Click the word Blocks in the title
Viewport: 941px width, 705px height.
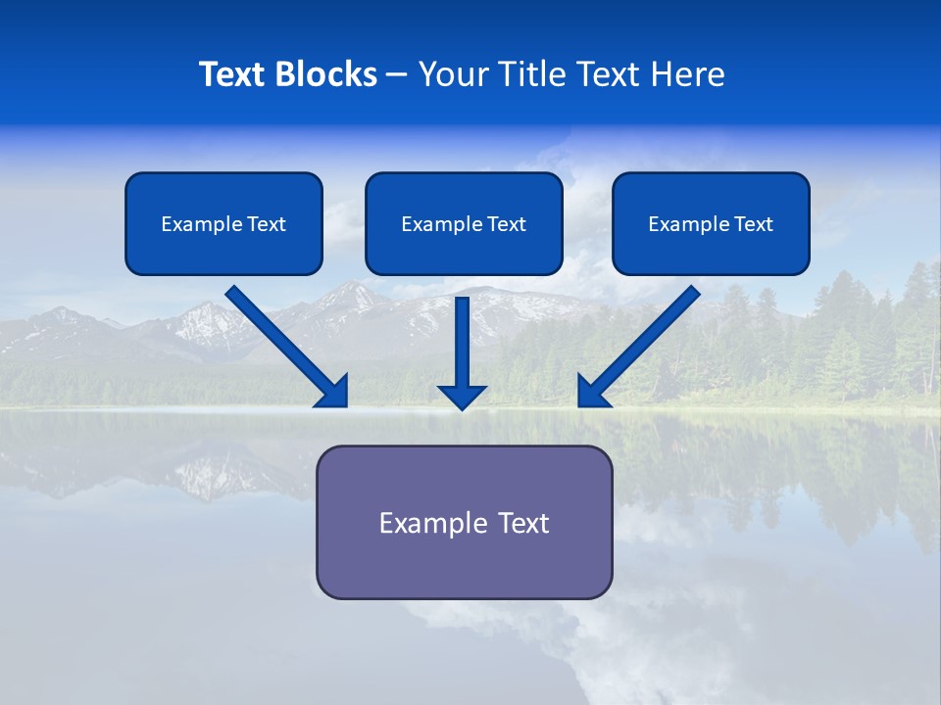(327, 74)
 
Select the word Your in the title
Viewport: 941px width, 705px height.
(451, 74)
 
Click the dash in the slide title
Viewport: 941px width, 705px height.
(397, 75)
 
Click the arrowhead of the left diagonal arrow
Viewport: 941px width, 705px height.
(335, 393)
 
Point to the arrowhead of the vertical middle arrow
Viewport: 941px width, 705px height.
(462, 398)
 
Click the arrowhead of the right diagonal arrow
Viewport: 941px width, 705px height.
(591, 393)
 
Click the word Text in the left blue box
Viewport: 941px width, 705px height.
(267, 224)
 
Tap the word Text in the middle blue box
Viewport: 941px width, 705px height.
(507, 224)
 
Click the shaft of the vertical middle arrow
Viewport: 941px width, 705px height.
(462, 338)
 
